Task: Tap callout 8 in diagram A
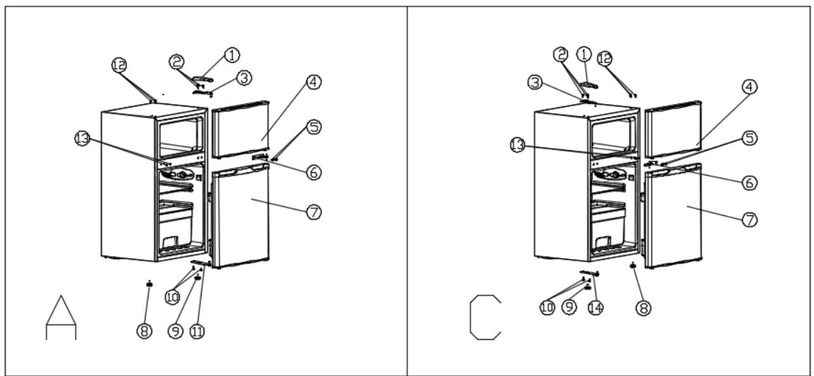coord(145,329)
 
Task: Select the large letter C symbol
coord(485,316)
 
